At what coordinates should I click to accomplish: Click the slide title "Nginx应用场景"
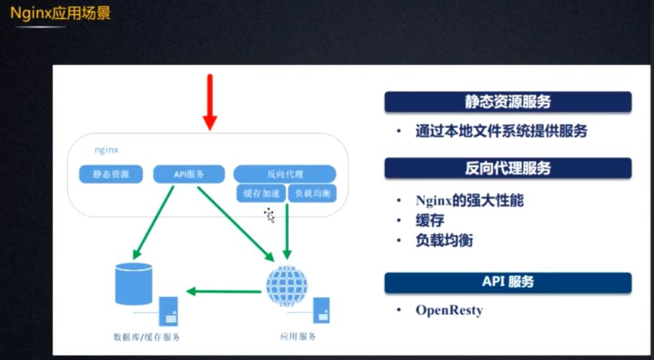(60, 13)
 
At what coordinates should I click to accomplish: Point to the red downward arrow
(209, 102)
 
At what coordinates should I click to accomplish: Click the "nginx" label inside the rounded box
(105, 150)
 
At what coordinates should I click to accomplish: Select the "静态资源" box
(111, 174)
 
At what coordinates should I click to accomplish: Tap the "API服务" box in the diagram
(188, 174)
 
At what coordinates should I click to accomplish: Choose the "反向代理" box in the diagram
(284, 174)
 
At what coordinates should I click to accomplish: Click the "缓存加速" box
(260, 193)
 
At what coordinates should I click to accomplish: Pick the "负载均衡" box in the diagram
(312, 193)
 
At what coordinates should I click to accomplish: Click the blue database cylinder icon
(133, 284)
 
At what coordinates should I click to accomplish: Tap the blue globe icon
(286, 284)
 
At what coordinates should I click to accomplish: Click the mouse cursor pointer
(270, 215)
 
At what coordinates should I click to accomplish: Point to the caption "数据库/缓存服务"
(146, 337)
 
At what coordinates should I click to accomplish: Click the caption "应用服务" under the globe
(298, 336)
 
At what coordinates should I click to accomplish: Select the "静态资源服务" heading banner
(508, 102)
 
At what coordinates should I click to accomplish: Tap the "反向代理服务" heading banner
(508, 168)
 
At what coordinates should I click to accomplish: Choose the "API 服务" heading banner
(508, 282)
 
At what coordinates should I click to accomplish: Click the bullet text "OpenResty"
(449, 310)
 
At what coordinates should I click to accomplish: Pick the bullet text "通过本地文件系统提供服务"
(501, 131)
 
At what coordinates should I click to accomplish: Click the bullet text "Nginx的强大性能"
(469, 200)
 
